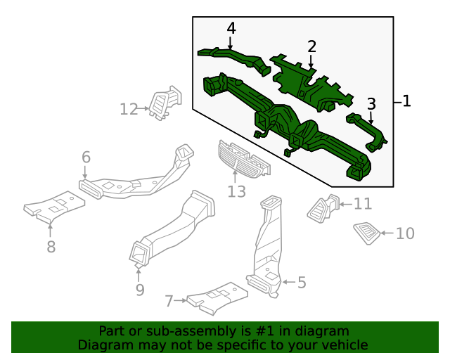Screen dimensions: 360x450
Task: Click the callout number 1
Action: tap(406, 101)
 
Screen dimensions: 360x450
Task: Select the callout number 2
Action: tap(311, 47)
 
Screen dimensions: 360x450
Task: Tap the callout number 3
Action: tap(371, 104)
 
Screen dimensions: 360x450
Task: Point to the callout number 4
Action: tap(231, 29)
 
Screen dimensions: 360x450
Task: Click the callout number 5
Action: tap(302, 283)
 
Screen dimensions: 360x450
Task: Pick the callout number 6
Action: tap(86, 157)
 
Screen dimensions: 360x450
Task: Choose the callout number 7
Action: tap(169, 301)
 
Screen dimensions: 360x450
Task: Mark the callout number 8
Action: tap(51, 247)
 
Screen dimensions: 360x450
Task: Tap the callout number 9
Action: tap(139, 289)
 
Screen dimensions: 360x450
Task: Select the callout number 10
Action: tap(406, 233)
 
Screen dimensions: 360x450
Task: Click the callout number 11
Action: tap(362, 204)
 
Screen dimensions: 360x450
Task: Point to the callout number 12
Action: tap(129, 109)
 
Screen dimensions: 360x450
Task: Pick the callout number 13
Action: tap(236, 191)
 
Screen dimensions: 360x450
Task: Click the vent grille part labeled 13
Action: tap(240, 159)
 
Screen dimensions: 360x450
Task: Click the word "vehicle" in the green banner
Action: tap(344, 345)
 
